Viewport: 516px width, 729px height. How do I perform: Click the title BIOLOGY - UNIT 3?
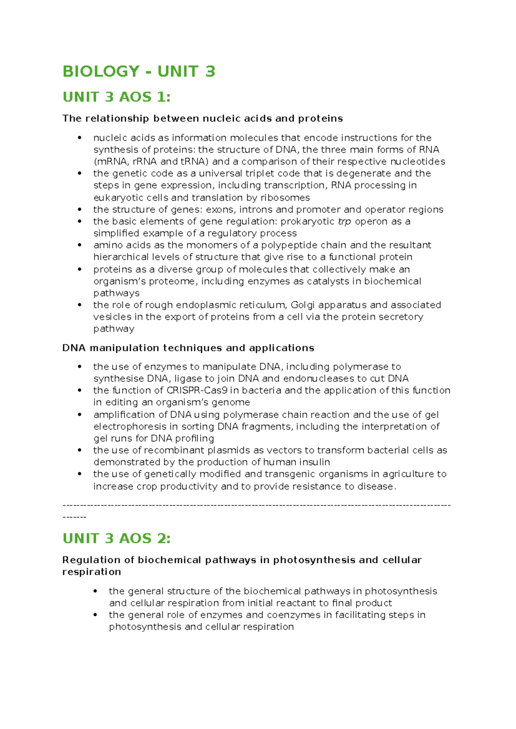(x=138, y=71)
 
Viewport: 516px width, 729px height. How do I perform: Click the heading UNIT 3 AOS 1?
(x=117, y=97)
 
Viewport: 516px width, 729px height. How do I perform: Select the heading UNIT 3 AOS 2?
(x=117, y=538)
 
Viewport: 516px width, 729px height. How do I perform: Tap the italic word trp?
(x=344, y=221)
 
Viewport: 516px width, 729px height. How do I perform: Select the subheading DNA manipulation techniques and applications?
(x=188, y=348)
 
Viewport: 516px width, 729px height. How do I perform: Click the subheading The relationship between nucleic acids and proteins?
(x=203, y=119)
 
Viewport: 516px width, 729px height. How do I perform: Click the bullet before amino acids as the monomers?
(x=80, y=245)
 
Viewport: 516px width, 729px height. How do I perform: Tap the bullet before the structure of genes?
(x=80, y=209)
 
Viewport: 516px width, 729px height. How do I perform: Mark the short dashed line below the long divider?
(x=74, y=517)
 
